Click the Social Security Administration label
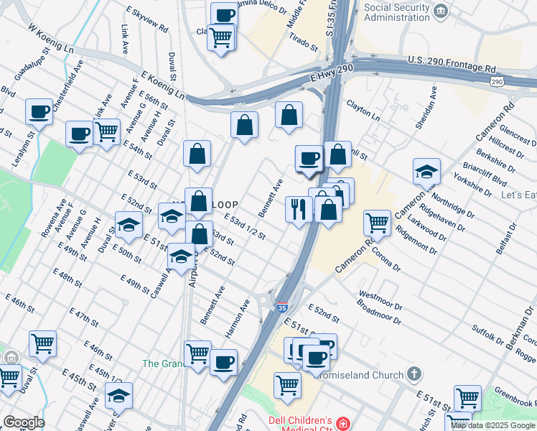click(x=398, y=12)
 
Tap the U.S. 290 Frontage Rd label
click(x=452, y=64)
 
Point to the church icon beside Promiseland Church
click(x=414, y=374)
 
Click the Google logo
click(x=24, y=422)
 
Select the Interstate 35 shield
click(x=281, y=307)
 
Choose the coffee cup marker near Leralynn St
click(x=39, y=112)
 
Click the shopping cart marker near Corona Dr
click(x=377, y=223)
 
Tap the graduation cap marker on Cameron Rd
click(x=426, y=172)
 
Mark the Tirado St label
click(x=304, y=42)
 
